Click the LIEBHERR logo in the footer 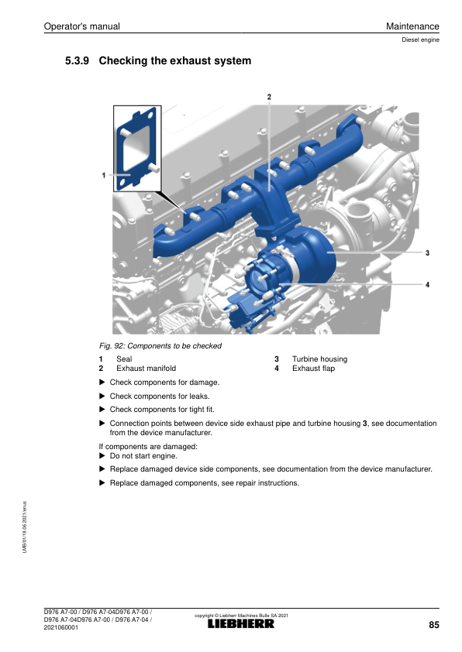point(241,623)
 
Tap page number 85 point(433,625)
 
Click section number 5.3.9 point(77,60)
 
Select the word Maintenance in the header point(412,26)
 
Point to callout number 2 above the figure point(269,97)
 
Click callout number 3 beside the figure point(427,252)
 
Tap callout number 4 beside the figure point(427,285)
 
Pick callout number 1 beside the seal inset point(104,176)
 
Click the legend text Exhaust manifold point(146,369)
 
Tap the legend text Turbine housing point(319,359)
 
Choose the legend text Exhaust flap point(313,369)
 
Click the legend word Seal point(124,359)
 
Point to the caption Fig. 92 point(112,346)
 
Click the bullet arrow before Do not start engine point(102,456)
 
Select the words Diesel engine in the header point(420,40)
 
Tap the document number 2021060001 point(60,627)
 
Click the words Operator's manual point(81,26)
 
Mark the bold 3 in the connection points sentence point(364,424)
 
